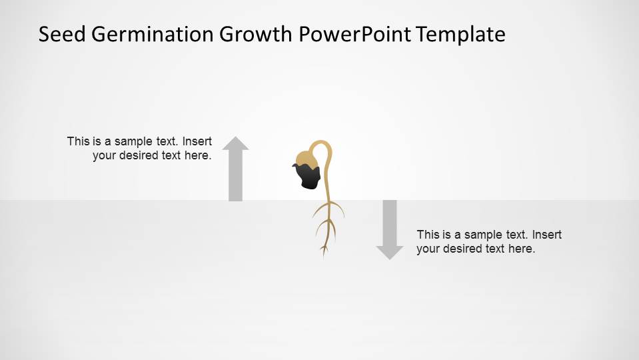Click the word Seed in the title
point(61,34)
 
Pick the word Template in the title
point(461,34)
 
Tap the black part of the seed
point(309,177)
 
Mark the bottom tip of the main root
point(324,255)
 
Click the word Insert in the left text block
point(197,141)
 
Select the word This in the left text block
point(78,141)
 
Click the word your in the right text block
point(428,249)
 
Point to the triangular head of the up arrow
point(235,143)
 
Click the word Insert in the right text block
point(547,235)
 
